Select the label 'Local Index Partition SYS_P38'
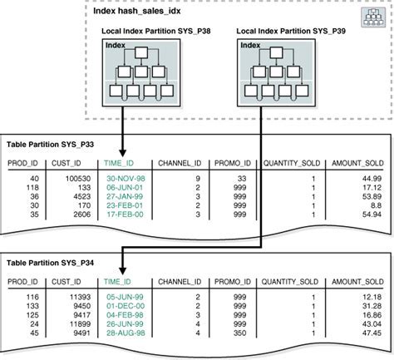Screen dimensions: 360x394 [x=158, y=32]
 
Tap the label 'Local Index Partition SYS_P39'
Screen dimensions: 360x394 [x=292, y=32]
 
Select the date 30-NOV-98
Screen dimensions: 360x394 [x=126, y=178]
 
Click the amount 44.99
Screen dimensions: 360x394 [x=371, y=178]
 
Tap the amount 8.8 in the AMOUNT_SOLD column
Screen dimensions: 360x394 [x=376, y=205]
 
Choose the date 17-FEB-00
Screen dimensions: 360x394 [x=126, y=215]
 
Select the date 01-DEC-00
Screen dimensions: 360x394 [x=126, y=306]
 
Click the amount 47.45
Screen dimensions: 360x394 [x=371, y=333]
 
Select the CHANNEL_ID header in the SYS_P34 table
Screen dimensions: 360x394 [x=181, y=283]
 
